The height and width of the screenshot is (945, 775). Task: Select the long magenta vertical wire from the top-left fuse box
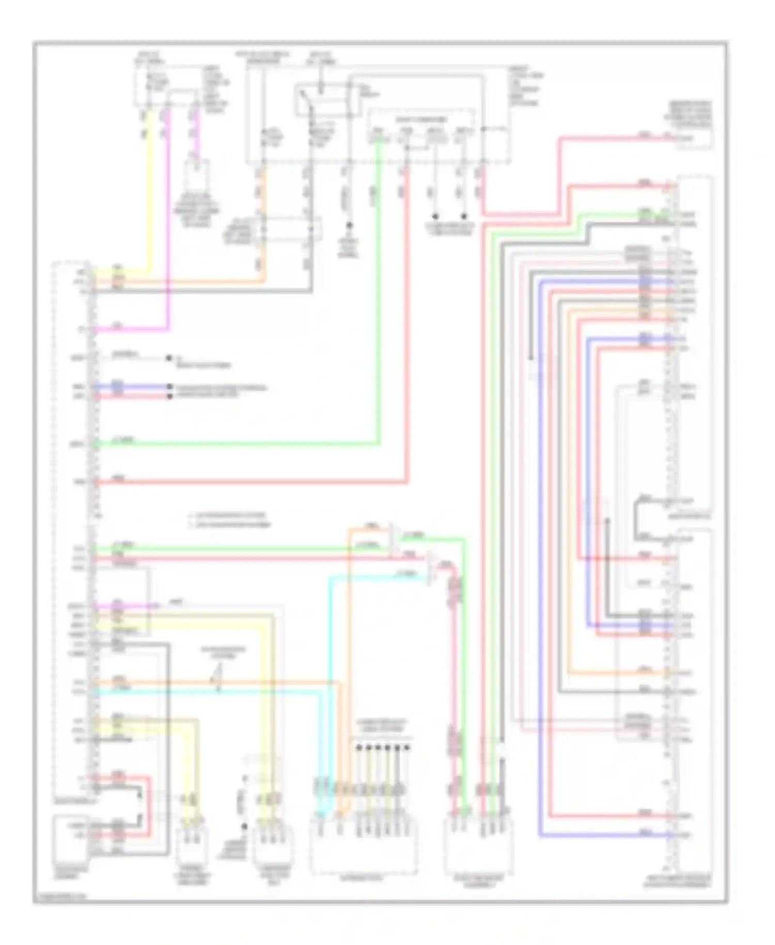(x=168, y=233)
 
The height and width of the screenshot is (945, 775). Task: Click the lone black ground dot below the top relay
(x=349, y=225)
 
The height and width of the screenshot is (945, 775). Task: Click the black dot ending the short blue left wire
(x=169, y=387)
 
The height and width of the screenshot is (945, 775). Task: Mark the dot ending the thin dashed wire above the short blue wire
(x=169, y=358)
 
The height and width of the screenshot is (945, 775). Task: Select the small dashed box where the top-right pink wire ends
(x=695, y=139)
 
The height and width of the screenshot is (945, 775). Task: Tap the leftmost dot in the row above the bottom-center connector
(x=358, y=748)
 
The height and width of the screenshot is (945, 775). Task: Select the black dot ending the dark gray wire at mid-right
(x=531, y=358)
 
